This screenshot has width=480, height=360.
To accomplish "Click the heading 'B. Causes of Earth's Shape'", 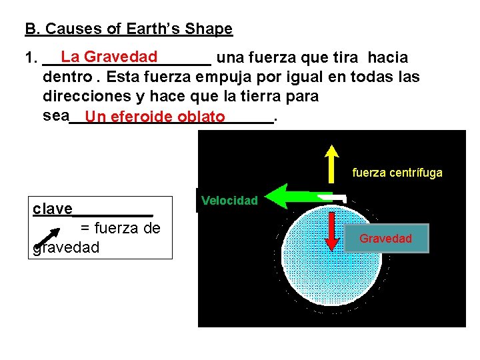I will pos(129,29).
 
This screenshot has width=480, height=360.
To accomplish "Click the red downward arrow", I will pos(331,225).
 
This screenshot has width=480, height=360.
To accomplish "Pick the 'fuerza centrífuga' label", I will pos(397,173).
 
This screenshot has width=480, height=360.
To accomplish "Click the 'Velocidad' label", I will pos(229,200).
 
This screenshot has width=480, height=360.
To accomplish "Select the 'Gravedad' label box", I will pos(386,238).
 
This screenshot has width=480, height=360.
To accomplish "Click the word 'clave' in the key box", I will pos(53,209).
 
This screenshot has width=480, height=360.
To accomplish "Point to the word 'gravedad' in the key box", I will pos(65,247).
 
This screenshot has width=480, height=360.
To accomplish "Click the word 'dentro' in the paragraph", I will pos(66,77).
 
